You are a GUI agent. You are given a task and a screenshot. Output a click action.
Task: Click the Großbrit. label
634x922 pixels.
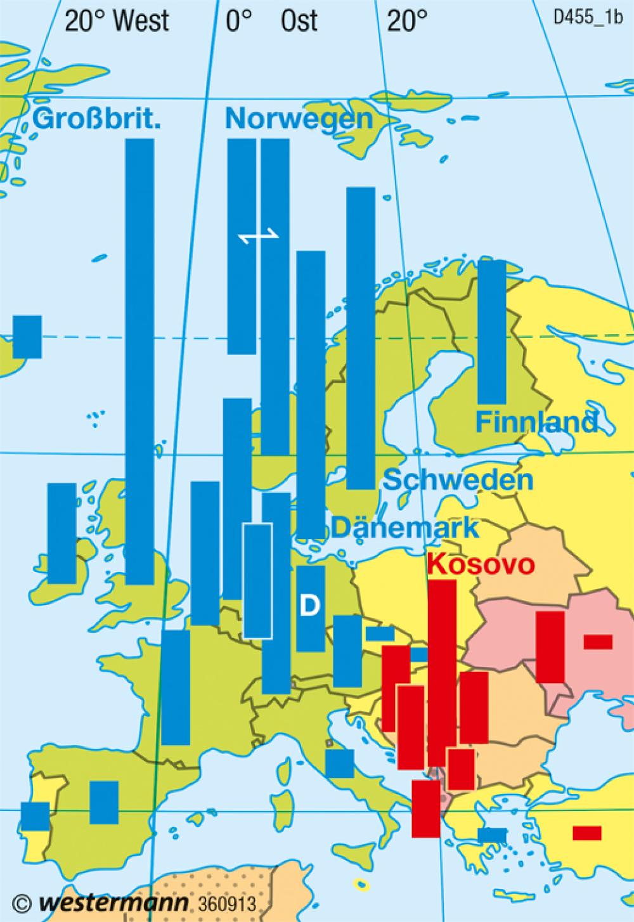(96, 118)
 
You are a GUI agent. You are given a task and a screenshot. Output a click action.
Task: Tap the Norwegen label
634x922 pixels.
(299, 118)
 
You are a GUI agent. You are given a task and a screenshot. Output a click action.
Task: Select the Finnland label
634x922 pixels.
(536, 422)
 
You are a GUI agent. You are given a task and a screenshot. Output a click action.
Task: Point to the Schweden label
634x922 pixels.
(458, 480)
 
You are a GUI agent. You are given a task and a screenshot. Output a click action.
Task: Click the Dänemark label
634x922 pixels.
(405, 527)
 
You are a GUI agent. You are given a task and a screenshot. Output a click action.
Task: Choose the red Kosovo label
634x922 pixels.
(481, 564)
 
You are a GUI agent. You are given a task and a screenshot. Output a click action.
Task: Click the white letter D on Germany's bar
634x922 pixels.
(310, 606)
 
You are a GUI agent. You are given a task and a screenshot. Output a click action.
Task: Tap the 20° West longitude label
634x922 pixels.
(117, 22)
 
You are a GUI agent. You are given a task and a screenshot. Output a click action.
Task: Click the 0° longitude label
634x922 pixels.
(238, 22)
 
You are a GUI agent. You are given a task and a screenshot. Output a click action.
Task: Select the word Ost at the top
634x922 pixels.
(299, 22)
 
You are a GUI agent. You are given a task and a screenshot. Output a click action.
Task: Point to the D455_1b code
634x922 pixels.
(588, 17)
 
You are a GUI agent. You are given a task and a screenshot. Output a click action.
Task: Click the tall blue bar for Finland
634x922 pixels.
(491, 332)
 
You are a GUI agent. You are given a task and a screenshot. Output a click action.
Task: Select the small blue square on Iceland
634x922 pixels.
(27, 336)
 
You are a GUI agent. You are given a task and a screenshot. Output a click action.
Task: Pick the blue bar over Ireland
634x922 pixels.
(61, 533)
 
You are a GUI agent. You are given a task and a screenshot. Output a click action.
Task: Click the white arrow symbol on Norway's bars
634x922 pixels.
(259, 236)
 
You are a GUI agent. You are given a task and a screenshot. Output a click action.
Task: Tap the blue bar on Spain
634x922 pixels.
(104, 802)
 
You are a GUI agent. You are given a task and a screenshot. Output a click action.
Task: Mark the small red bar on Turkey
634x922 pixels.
(586, 833)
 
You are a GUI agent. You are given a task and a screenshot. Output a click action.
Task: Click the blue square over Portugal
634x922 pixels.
(35, 816)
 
